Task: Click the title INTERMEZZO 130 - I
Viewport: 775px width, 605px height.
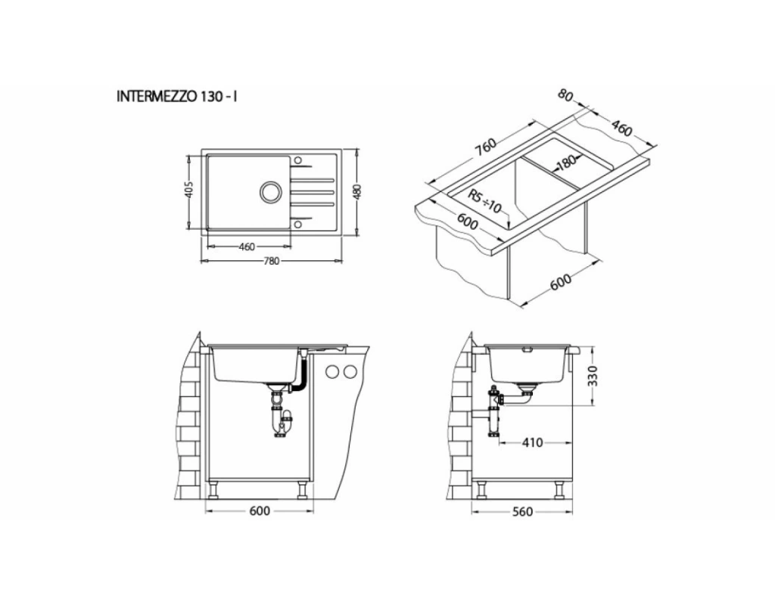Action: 176,96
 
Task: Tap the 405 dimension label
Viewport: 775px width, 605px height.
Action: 188,190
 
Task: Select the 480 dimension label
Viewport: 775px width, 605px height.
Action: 358,191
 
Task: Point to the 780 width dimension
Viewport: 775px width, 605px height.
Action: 272,261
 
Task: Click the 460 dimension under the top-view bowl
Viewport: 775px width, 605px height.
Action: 246,247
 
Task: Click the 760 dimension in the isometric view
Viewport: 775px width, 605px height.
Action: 485,146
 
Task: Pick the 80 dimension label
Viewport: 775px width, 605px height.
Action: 566,95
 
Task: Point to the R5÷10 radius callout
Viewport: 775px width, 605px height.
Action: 485,201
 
